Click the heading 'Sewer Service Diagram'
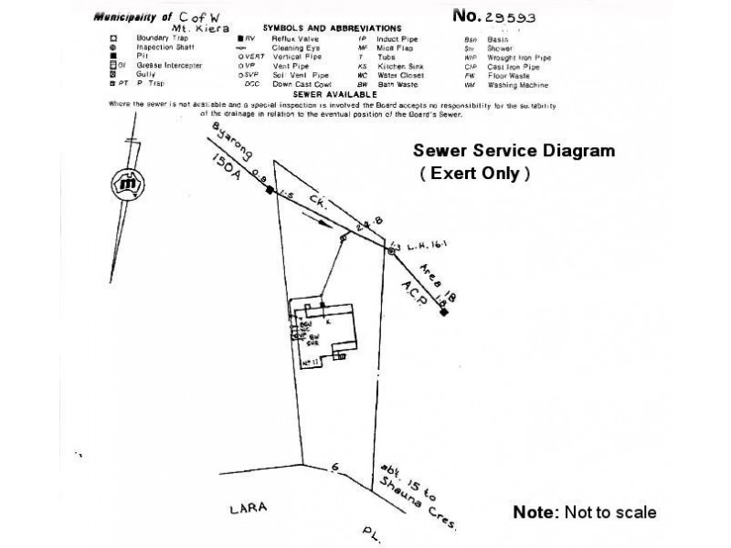pyautogui.click(x=515, y=151)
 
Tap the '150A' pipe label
pyautogui.click(x=224, y=168)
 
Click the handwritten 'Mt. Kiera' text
pyautogui.click(x=199, y=28)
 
